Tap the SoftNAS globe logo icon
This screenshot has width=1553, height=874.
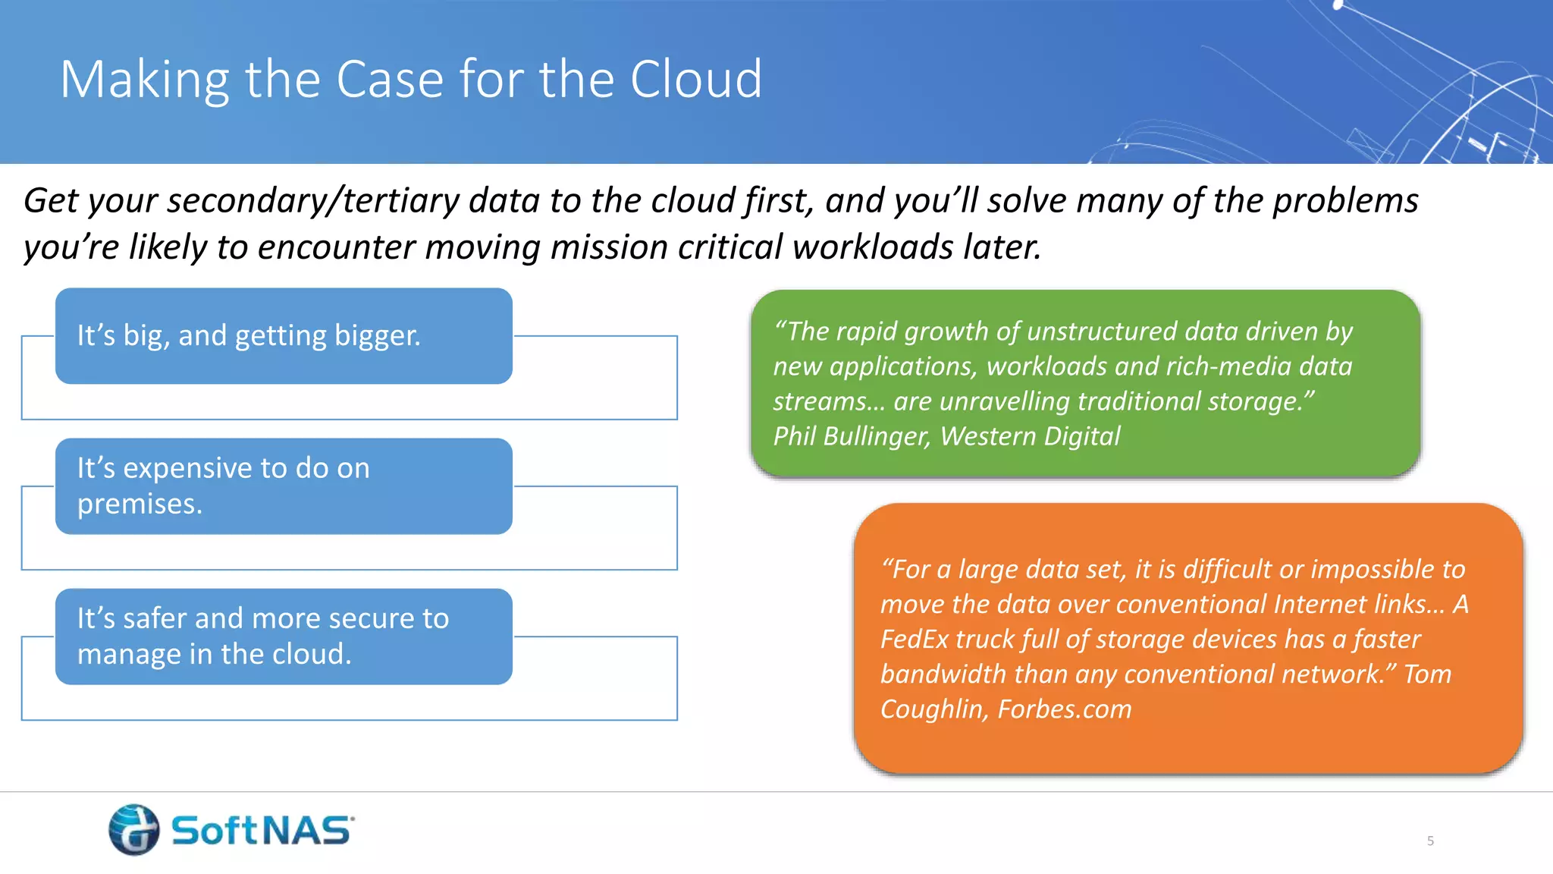pos(134,829)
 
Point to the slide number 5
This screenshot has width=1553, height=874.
pos(1430,841)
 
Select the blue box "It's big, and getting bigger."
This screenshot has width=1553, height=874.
pos(284,336)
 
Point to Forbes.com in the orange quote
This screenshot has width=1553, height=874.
pos(1064,709)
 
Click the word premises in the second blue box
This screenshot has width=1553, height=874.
pos(139,505)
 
